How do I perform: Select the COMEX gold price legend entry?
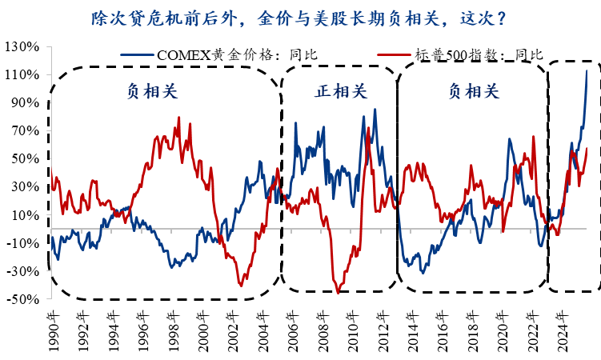click(x=220, y=54)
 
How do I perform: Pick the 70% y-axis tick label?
click(x=25, y=130)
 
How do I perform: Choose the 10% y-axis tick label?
click(x=25, y=215)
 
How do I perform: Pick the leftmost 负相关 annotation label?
click(x=152, y=90)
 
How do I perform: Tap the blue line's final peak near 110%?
click(x=587, y=70)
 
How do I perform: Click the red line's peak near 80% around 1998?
click(x=178, y=118)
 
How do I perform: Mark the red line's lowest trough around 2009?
click(x=339, y=293)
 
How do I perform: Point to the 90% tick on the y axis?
click(x=25, y=102)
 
